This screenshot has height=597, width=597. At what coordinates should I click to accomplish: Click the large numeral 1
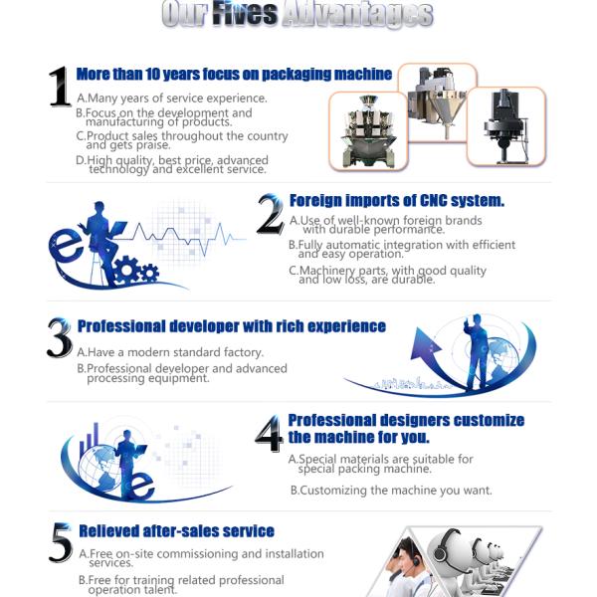click(x=60, y=87)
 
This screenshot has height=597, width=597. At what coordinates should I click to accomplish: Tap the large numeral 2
click(x=271, y=214)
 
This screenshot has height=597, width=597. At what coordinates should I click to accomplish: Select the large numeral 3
click(x=60, y=337)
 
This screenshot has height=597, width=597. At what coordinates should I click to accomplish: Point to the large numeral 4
click(x=270, y=433)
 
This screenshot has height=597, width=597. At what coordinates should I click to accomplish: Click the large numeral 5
click(x=61, y=543)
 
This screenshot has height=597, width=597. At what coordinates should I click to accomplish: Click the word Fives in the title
click(x=245, y=14)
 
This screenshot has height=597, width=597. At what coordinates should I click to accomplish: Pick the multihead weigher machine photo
click(x=368, y=130)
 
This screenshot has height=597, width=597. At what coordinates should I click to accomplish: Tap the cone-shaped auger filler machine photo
click(x=438, y=102)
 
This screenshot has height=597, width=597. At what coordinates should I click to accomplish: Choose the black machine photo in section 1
click(x=506, y=126)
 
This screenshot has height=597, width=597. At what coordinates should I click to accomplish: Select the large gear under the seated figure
click(x=126, y=270)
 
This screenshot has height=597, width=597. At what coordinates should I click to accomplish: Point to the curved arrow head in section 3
click(x=424, y=344)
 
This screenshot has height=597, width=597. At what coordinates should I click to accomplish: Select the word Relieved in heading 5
click(x=108, y=531)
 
